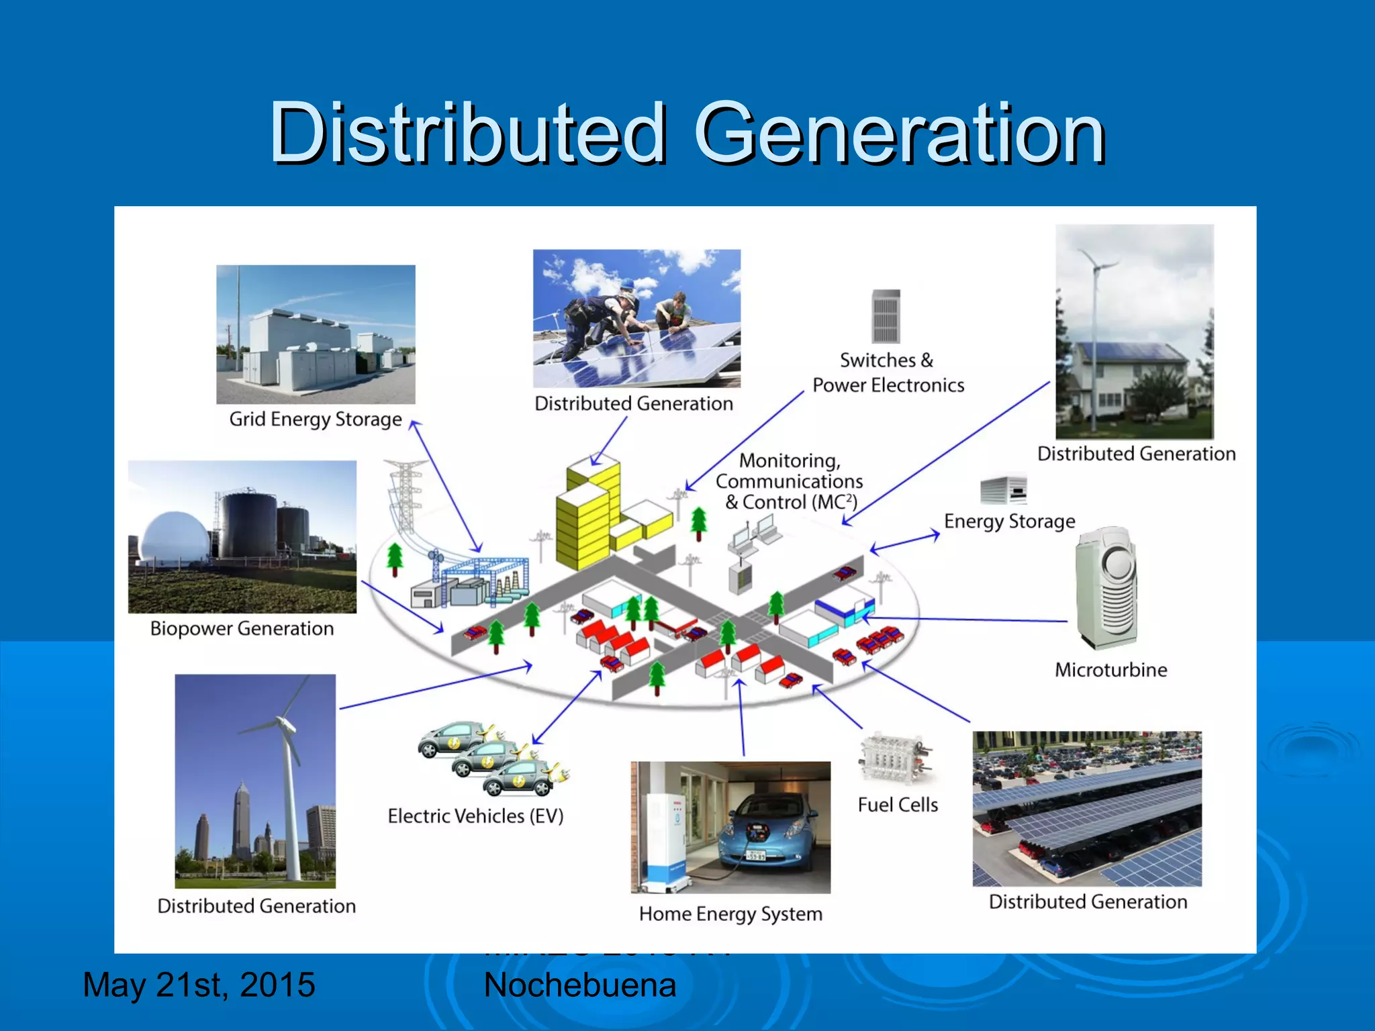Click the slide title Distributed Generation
click(x=687, y=132)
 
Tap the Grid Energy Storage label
click(x=316, y=419)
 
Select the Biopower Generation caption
click(x=242, y=628)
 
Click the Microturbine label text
click(x=1110, y=669)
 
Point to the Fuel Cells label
click(x=898, y=804)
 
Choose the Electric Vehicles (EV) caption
click(x=475, y=816)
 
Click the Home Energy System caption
click(x=730, y=914)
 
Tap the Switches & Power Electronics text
click(x=888, y=373)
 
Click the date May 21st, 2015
click(x=199, y=985)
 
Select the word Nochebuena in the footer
click(x=579, y=985)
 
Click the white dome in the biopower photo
click(x=172, y=537)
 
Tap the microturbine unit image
click(x=1106, y=587)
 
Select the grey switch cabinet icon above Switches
click(x=886, y=316)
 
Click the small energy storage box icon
click(x=1003, y=489)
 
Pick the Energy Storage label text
click(x=1009, y=521)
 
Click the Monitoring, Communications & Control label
click(x=789, y=481)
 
